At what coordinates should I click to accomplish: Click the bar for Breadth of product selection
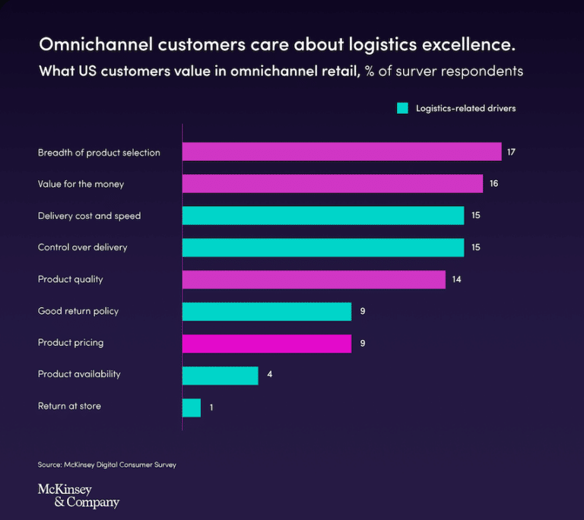pos(341,152)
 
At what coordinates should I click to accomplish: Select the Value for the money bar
pos(332,184)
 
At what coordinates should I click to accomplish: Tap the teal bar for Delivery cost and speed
pos(323,216)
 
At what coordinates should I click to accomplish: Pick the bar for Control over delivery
pos(323,248)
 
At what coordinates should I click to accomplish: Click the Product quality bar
pos(314,280)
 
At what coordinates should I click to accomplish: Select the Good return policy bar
pos(267,312)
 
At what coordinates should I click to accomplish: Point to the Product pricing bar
pos(267,343)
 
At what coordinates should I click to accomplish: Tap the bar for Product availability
pos(221,375)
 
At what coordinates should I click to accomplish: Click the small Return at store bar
pos(192,407)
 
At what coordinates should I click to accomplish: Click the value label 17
pos(512,152)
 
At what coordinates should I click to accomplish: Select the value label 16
pos(494,184)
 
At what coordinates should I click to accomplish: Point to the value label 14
pos(457,280)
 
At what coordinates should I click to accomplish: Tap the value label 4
pos(270,375)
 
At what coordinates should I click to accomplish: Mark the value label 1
pos(211,408)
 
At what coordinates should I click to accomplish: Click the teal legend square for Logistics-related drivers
pos(403,109)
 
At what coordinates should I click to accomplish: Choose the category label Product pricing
pos(71,343)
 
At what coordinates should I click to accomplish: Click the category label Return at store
pos(69,407)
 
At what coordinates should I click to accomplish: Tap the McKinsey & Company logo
pos(78,496)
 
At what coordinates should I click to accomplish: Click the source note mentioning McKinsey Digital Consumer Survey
pos(106,465)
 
